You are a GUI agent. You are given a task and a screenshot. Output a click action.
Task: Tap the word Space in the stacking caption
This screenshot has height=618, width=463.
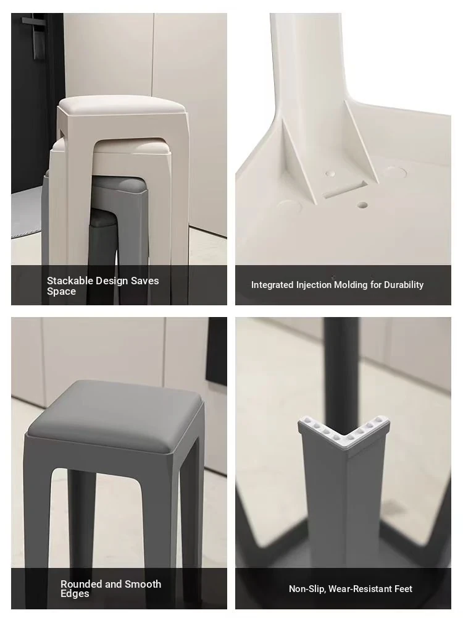pos(61,292)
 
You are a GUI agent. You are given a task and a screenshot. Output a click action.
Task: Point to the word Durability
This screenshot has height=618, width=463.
pos(404,284)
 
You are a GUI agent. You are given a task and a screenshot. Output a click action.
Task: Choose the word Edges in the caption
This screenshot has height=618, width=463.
pos(75,593)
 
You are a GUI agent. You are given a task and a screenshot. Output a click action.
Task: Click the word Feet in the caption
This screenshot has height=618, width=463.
pos(403,589)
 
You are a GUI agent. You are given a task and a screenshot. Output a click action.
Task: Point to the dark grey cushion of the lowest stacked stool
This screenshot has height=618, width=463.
pos(103,217)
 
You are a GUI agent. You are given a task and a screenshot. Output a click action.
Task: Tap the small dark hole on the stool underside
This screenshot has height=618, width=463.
pos(362,205)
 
